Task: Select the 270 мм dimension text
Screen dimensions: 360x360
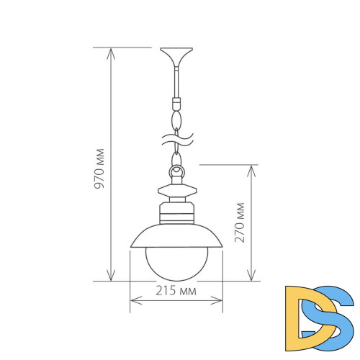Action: (x=240, y=222)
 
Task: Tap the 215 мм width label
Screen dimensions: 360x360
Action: (x=176, y=291)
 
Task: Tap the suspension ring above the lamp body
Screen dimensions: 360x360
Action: (x=176, y=173)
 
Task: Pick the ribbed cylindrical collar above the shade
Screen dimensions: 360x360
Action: (x=176, y=214)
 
